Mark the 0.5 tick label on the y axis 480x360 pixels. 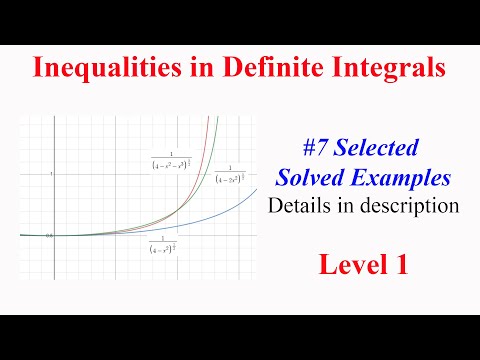coord(49,236)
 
